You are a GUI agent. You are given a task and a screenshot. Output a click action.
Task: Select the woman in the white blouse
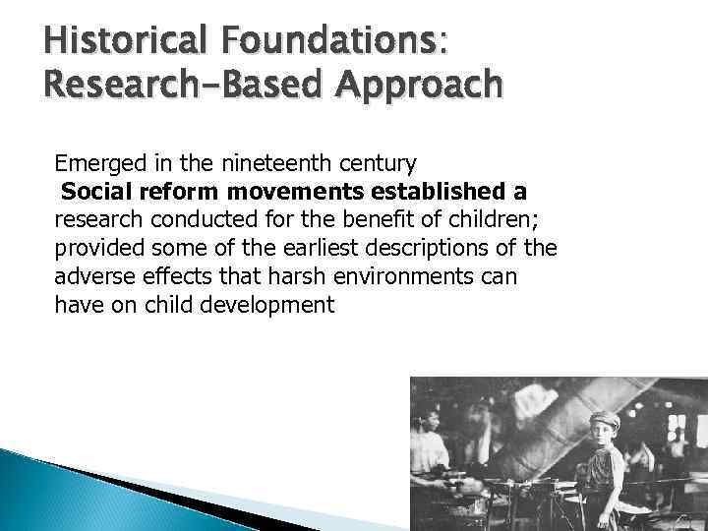tap(430, 452)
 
